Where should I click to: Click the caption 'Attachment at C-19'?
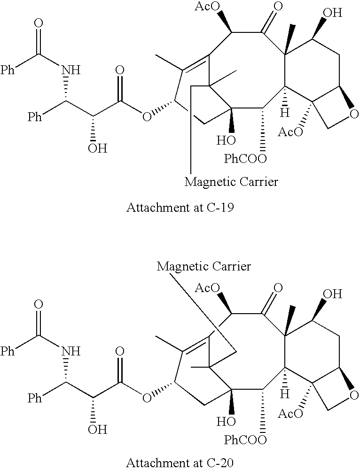pos(180,208)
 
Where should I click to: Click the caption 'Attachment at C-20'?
pos(180,463)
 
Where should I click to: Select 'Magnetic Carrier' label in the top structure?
pos(231,182)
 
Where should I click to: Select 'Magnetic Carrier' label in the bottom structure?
pos(203,266)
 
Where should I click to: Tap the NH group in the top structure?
pos(71,70)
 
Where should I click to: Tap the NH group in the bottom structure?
pos(71,351)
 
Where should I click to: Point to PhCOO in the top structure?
pos(245,159)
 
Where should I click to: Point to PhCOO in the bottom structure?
pos(245,440)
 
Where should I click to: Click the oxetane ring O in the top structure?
pos(354,114)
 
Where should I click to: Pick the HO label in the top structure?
pos(226,140)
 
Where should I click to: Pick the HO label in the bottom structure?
pos(226,422)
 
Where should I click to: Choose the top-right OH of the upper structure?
pos(332,13)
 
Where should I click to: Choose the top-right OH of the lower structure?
pos(332,294)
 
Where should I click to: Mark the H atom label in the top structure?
pos(284,113)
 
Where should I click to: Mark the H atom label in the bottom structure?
pos(284,394)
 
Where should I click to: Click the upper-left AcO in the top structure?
pos(207,7)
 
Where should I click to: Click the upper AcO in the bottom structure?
pos(207,288)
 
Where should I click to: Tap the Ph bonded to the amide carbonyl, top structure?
pos(8,70)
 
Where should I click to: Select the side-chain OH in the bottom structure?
pos(97,430)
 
